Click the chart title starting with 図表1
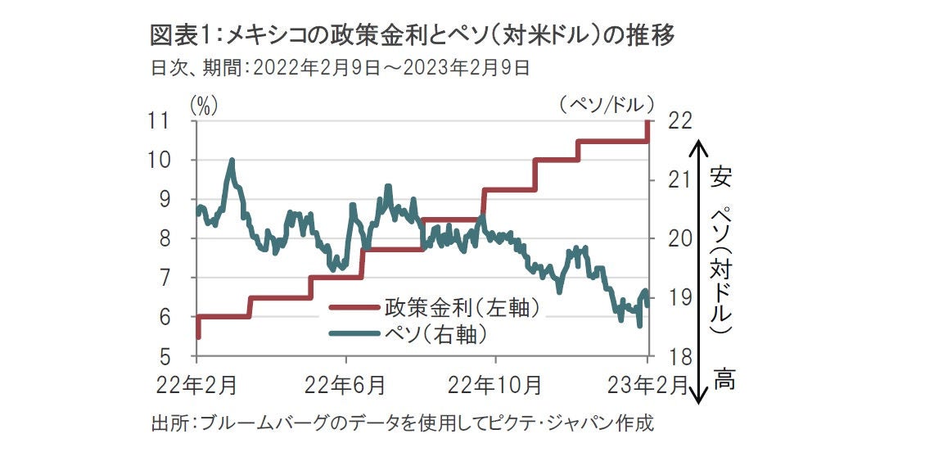[413, 35]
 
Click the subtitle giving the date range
[341, 68]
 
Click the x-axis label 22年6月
[347, 383]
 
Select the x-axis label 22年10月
[495, 383]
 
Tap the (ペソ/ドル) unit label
[609, 104]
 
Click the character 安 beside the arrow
[721, 177]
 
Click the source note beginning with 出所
[403, 424]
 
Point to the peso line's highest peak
[232, 161]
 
